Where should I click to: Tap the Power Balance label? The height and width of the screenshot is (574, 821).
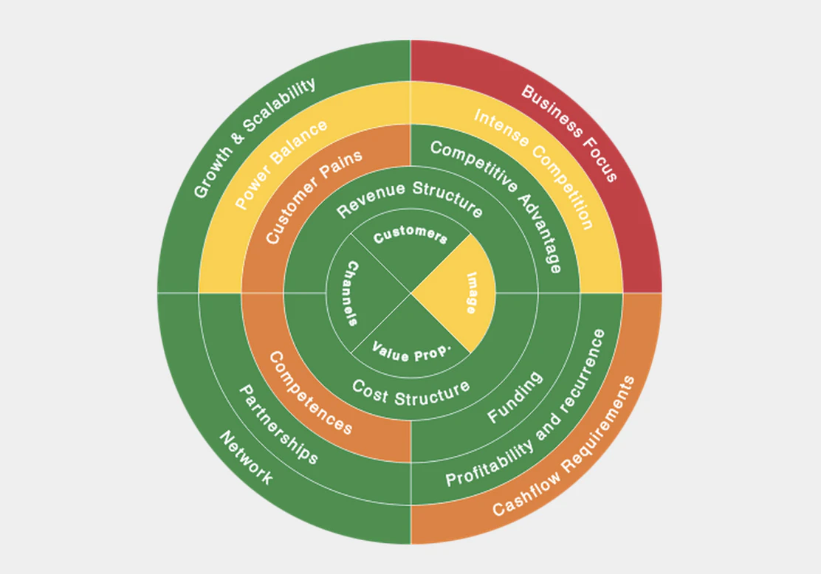pyautogui.click(x=281, y=165)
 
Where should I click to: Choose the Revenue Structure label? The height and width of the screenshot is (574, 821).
pyautogui.click(x=410, y=198)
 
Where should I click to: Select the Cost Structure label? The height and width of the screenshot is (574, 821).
pyautogui.click(x=410, y=393)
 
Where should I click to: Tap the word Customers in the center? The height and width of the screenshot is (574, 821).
pyautogui.click(x=410, y=235)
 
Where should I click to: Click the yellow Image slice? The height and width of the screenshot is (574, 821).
pyautogui.click(x=461, y=292)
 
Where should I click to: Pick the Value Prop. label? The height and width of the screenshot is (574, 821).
pyautogui.click(x=410, y=351)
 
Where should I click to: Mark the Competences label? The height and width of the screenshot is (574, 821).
pyautogui.click(x=310, y=392)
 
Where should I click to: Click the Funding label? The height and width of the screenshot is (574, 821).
pyautogui.click(x=515, y=398)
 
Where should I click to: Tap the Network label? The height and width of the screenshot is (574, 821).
pyautogui.click(x=246, y=457)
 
